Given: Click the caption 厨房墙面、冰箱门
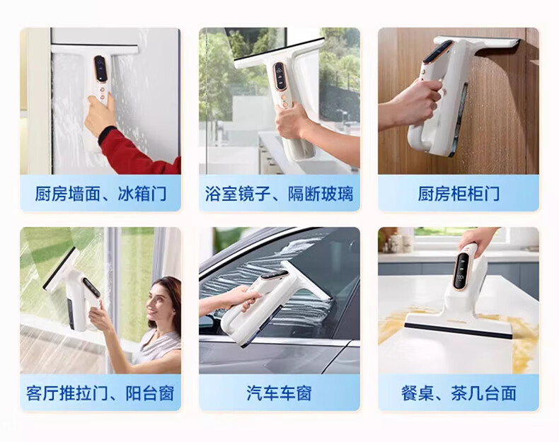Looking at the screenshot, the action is click(100, 194).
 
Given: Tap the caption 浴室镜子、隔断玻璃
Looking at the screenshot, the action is click(279, 194).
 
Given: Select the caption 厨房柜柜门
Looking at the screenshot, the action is click(459, 194).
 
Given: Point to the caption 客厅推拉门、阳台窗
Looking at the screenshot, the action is click(100, 394).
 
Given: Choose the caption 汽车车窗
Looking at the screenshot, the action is click(279, 394).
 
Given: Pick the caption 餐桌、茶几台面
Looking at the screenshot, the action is click(459, 394).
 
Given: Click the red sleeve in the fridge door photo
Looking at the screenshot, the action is click(137, 151).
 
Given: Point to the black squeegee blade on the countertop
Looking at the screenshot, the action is click(458, 331).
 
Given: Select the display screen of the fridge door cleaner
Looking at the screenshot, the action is click(100, 68).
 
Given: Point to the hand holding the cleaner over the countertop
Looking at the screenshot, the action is click(478, 236).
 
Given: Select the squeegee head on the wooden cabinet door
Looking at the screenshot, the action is click(478, 45).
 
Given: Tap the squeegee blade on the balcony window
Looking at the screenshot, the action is click(59, 267).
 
